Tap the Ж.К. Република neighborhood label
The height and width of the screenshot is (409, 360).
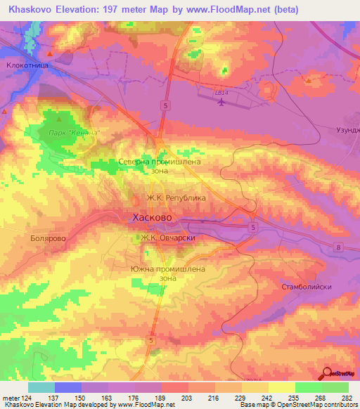(x=176, y=198)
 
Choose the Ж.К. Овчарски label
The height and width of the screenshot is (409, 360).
(x=167, y=238)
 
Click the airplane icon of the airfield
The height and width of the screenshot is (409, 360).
(x=222, y=103)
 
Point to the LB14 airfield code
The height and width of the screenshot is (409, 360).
(x=222, y=91)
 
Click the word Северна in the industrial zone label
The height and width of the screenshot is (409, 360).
(x=135, y=161)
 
